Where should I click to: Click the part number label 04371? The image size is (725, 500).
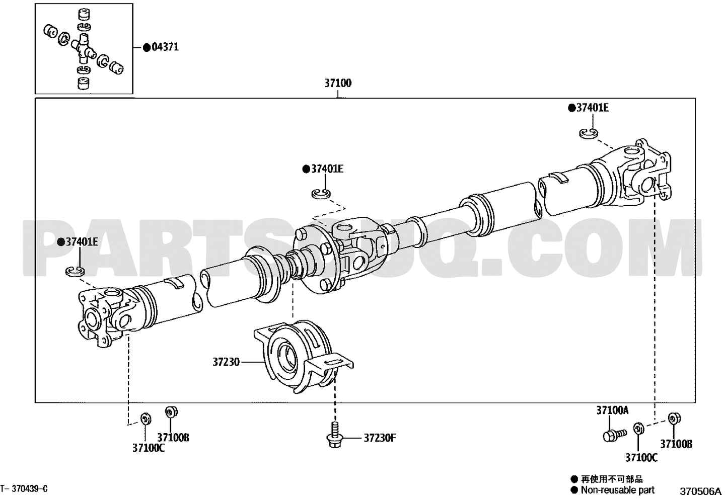[x=165, y=47]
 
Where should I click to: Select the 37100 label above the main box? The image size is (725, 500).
[x=338, y=83]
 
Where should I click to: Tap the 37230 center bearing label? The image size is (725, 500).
[x=226, y=362]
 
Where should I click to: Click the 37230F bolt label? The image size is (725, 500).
[x=380, y=438]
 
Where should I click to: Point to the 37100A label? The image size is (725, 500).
[x=612, y=410]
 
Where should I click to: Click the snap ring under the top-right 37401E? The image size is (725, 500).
[x=588, y=133]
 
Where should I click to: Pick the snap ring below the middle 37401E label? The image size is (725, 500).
[x=321, y=194]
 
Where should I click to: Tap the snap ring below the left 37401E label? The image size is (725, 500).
[x=75, y=271]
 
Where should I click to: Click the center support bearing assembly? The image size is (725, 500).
[x=303, y=357]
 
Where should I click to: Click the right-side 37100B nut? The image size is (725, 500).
[x=674, y=419]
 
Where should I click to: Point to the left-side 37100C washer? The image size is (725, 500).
[x=146, y=419]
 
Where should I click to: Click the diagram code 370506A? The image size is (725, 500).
[x=700, y=491]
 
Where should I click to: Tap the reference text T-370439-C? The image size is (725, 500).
[x=24, y=488]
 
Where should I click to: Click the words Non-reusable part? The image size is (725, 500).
[x=618, y=490]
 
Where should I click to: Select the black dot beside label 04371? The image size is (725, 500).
[x=147, y=48]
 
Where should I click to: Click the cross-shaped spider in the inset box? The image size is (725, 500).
[x=84, y=48]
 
